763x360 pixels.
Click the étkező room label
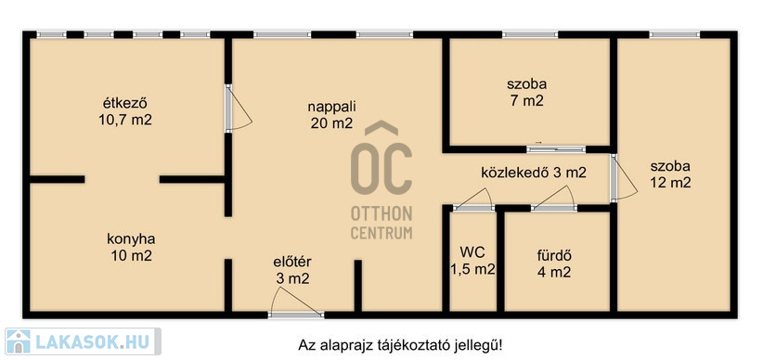pyautogui.click(x=125, y=104)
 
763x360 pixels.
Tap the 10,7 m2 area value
pyautogui.click(x=125, y=121)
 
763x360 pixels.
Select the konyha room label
pyautogui.click(x=131, y=239)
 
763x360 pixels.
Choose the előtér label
pyautogui.click(x=292, y=263)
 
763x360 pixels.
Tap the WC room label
pyautogui.click(x=472, y=252)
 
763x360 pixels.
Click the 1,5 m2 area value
pyautogui.click(x=472, y=269)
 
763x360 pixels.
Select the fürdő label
pyautogui.click(x=554, y=255)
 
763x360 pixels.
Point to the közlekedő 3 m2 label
pyautogui.click(x=534, y=173)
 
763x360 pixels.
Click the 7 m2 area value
pyautogui.click(x=526, y=101)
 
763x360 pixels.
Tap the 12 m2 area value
pyautogui.click(x=670, y=183)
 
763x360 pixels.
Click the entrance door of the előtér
pyautogui.click(x=296, y=303)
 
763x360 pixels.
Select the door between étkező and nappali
pyautogui.click(x=238, y=108)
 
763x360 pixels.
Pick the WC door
pyautogui.click(x=472, y=199)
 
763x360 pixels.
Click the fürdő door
pyautogui.click(x=554, y=199)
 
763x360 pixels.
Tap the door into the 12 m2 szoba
pyautogui.click(x=624, y=177)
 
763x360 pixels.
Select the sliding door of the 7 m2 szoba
pyautogui.click(x=556, y=149)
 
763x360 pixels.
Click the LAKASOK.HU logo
pyautogui.click(x=82, y=341)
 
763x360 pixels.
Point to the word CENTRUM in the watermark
pyautogui.click(x=381, y=233)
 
